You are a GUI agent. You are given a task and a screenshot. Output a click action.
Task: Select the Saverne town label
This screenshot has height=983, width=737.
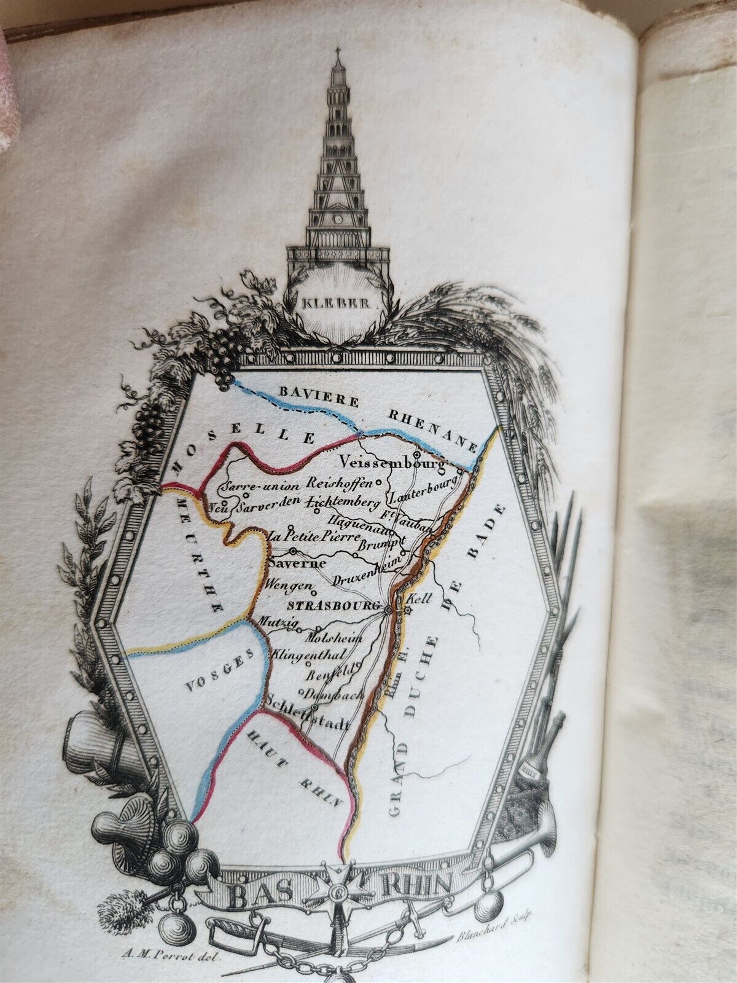[x=292, y=562]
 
